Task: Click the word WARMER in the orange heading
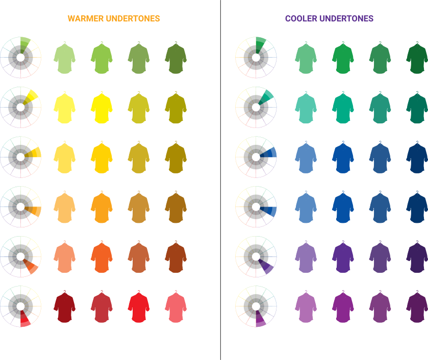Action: (85, 19)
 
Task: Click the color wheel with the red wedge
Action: (20, 306)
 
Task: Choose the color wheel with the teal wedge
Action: (256, 107)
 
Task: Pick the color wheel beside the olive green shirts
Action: (20, 58)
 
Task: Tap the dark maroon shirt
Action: (65, 307)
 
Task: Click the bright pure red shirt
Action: (138, 307)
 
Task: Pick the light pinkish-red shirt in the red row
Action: (175, 307)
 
